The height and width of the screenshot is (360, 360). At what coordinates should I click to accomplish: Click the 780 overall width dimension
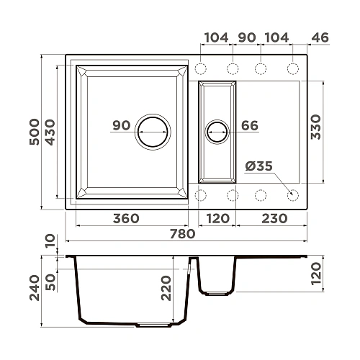pos(183,234)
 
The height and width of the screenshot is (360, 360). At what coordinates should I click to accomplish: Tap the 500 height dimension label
pos(35,132)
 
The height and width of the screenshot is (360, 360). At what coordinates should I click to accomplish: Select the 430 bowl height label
pos(50,132)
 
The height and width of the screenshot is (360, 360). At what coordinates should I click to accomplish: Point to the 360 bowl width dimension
pos(126,219)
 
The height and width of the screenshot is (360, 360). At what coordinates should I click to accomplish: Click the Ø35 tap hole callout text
pos(259,166)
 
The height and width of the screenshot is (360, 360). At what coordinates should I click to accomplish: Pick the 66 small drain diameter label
pos(250,125)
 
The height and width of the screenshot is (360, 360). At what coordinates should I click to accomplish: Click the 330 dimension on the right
pos(316,127)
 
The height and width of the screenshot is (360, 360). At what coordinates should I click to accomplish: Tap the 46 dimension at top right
pos(320,37)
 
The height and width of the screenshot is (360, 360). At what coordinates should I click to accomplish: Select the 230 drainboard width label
pos(274,219)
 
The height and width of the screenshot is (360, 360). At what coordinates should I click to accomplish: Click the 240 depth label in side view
pos(35,288)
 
